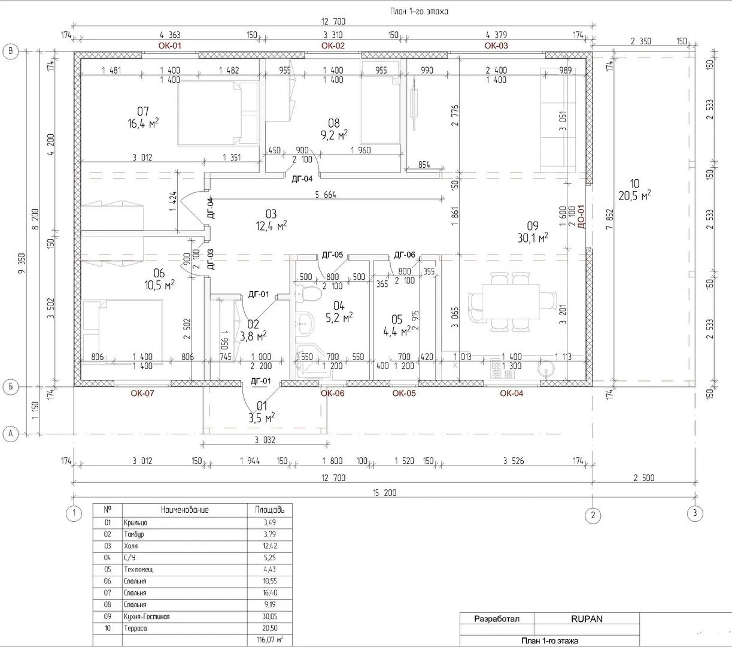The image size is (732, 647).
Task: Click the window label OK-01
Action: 169,46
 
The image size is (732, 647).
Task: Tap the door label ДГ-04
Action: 302,179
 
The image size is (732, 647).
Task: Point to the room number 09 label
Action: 533,226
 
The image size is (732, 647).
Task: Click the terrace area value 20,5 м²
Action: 634,195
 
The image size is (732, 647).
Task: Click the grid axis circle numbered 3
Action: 694,513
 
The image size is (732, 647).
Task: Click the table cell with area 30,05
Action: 269,616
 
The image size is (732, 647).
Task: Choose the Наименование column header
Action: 184,510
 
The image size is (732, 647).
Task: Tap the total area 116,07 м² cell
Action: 270,640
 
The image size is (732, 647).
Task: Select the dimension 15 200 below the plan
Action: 384,492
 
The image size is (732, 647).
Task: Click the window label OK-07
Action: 142,394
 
